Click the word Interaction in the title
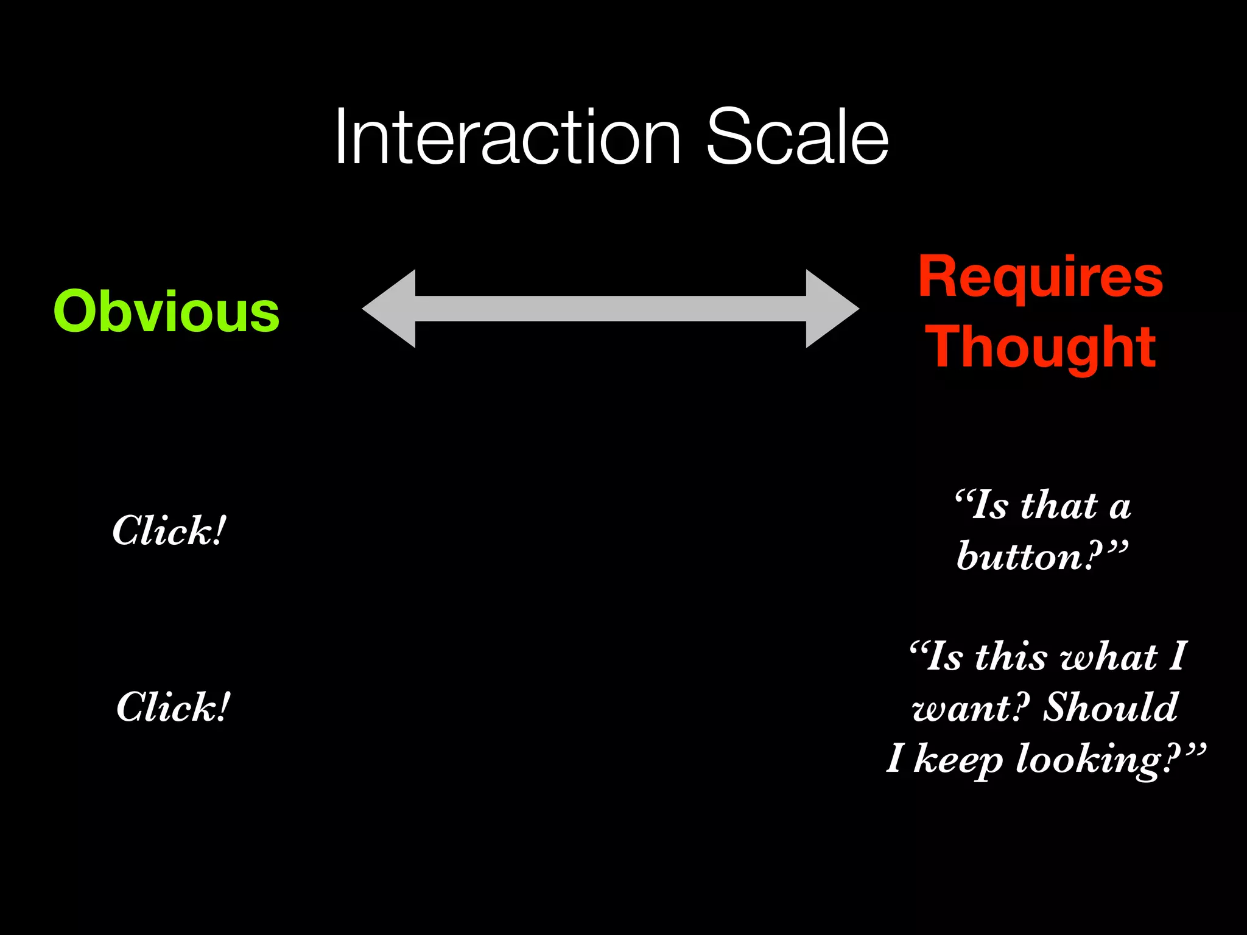pos(507,138)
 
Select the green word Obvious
pos(166,312)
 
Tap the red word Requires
pos(1040,277)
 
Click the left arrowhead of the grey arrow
pos(390,309)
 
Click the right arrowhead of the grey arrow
pos(831,309)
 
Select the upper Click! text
pos(169,531)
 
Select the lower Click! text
pos(173,707)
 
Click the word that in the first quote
pos(1059,506)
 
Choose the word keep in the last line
pos(957,760)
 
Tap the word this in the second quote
pos(1011,657)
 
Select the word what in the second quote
pos(1108,657)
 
